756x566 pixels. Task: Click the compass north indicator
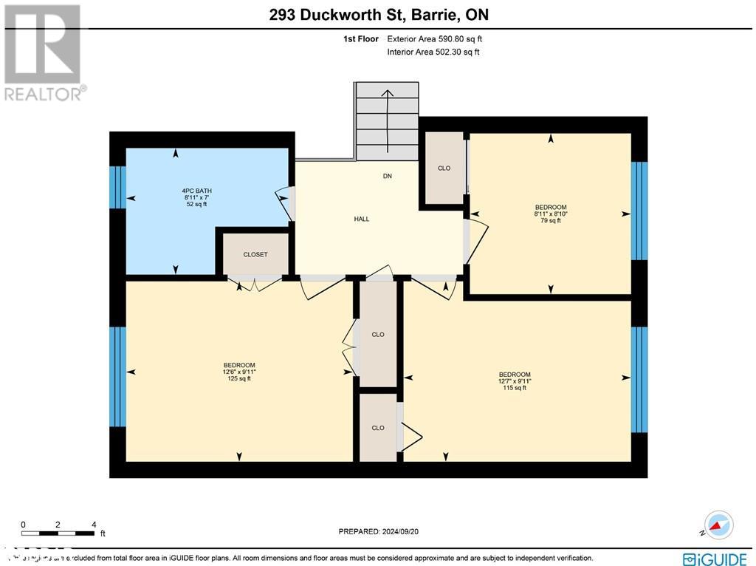[x=718, y=524]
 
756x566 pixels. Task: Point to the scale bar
[x=59, y=533]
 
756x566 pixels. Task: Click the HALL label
[x=362, y=219]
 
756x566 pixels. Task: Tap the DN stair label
[x=388, y=177]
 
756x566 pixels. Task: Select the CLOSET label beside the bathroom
[x=255, y=255]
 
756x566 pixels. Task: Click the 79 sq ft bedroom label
[x=551, y=214]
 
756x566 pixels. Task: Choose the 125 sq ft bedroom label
[x=239, y=372]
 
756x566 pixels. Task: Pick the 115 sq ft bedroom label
[x=515, y=381]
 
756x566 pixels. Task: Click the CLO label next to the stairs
[x=444, y=168]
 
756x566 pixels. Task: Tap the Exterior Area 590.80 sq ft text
[x=435, y=39]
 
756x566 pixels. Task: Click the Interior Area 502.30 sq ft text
[x=433, y=52]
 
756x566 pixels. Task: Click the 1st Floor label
[x=362, y=39]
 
